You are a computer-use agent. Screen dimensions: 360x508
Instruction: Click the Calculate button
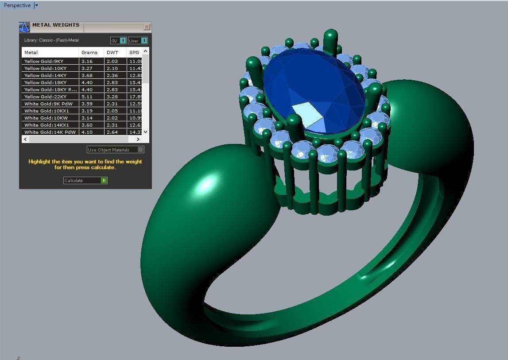[85, 180]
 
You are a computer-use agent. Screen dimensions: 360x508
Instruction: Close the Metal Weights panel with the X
[147, 27]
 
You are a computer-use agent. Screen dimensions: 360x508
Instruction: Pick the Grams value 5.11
[87, 97]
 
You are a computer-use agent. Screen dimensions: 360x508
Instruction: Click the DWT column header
[112, 52]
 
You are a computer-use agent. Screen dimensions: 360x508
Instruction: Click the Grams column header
[89, 52]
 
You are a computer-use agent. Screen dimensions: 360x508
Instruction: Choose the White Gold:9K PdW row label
[48, 104]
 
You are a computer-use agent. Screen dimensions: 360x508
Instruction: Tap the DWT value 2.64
[112, 132]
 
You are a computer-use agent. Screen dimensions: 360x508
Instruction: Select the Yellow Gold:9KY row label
[44, 61]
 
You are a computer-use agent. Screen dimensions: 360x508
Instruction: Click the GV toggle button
[118, 41]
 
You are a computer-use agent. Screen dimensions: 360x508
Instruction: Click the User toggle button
[138, 41]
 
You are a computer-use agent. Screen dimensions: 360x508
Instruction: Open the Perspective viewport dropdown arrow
[36, 5]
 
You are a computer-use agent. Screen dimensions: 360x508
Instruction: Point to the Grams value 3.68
[87, 75]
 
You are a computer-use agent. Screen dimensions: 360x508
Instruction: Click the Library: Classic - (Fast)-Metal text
[51, 40]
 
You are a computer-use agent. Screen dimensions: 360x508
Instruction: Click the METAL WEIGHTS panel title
[55, 25]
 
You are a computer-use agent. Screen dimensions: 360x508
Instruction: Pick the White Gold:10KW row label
[46, 118]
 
